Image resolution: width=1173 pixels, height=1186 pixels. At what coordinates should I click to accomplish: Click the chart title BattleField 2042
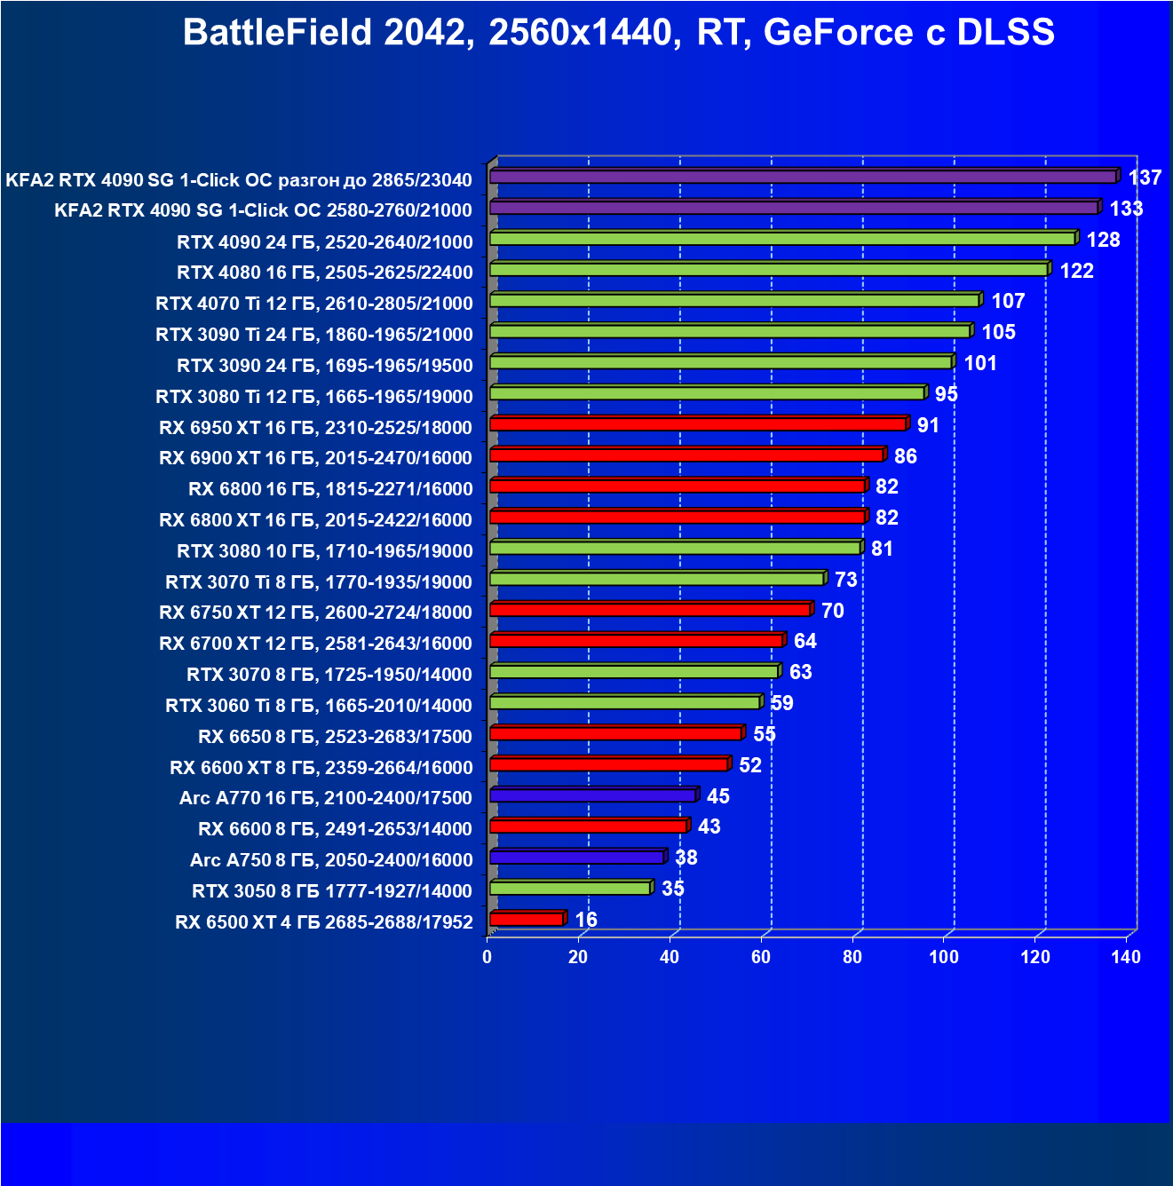pos(618,33)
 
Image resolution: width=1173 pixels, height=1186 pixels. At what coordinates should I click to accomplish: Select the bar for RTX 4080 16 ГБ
pos(769,269)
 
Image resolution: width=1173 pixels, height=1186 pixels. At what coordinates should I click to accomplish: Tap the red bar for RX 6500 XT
pos(527,919)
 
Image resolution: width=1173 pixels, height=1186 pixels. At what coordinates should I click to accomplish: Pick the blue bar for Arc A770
pos(592,795)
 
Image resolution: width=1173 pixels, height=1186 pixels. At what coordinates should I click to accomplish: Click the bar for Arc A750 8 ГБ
pos(576,858)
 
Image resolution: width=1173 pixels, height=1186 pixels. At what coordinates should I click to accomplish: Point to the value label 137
pos(1145,178)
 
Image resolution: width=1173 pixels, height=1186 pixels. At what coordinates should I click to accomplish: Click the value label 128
pos(1103,240)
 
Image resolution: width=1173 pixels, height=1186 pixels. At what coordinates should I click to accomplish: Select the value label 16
pos(586,920)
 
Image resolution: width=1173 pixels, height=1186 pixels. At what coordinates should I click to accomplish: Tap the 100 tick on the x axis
pos(943,957)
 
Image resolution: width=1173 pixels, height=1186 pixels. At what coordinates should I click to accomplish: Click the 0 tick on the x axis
pos(487,957)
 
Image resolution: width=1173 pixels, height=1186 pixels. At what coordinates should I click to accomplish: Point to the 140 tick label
pos(1126,957)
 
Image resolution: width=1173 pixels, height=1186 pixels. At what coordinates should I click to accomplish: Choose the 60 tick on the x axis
pos(761,957)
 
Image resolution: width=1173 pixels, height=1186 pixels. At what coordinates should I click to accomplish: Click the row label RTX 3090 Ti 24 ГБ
pos(314,335)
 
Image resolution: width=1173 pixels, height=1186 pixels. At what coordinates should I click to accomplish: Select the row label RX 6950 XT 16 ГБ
pos(315,428)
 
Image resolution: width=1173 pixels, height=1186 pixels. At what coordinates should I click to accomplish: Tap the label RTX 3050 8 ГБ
pos(332,891)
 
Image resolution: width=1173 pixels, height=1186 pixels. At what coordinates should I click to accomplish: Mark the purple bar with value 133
pos(794,208)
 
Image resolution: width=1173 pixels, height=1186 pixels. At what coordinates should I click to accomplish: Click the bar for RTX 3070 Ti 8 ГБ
pos(657,579)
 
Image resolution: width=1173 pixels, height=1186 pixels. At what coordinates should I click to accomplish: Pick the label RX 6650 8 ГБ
pos(335,737)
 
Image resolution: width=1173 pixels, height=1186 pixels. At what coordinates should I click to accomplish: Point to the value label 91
pos(928,425)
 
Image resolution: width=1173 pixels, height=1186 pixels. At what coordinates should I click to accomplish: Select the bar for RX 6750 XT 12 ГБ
pos(650,610)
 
